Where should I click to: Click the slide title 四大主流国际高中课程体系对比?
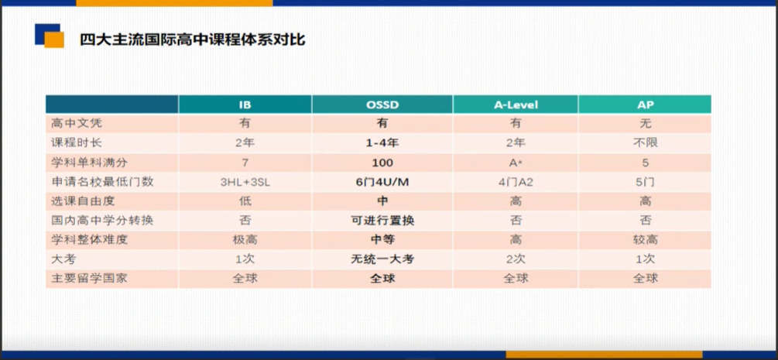pyautogui.click(x=193, y=39)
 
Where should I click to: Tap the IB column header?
pyautogui.click(x=245, y=105)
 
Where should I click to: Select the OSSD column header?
pyautogui.click(x=382, y=105)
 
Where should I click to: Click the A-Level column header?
pyautogui.click(x=515, y=105)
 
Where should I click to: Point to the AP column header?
pyautogui.click(x=645, y=105)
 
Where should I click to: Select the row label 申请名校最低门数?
pyautogui.click(x=102, y=182)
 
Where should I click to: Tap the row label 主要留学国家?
pyautogui.click(x=89, y=278)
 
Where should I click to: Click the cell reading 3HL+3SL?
pyautogui.click(x=245, y=182)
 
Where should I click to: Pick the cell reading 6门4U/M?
pyautogui.click(x=382, y=182)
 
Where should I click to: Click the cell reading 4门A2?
pyautogui.click(x=515, y=182)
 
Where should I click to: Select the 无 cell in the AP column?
pyautogui.click(x=645, y=123)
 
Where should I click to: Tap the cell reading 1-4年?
pyautogui.click(x=382, y=143)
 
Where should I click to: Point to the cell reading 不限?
pyautogui.click(x=645, y=143)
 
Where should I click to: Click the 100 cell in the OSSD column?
pyautogui.click(x=382, y=163)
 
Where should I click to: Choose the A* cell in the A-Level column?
pyautogui.click(x=515, y=163)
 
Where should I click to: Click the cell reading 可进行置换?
pyautogui.click(x=382, y=221)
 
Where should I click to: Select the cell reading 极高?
pyautogui.click(x=245, y=239)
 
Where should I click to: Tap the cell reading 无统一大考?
pyautogui.click(x=382, y=259)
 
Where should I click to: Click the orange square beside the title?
pyautogui.click(x=55, y=40)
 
